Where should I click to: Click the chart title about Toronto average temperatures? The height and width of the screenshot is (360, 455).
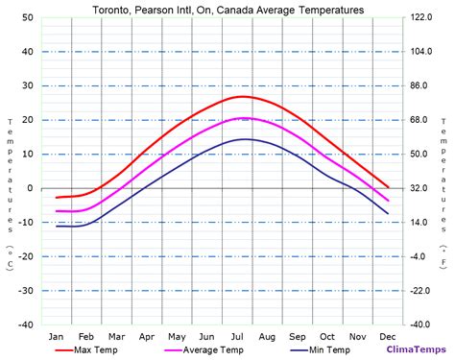[227, 10]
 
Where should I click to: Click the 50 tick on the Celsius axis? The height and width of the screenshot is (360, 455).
[28, 17]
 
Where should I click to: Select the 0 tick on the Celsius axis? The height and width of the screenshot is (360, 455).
[31, 188]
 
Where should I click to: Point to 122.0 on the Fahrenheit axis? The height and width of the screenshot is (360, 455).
[422, 17]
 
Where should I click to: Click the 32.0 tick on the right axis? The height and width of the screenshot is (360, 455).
[420, 188]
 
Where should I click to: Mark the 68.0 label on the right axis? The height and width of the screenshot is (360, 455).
[420, 120]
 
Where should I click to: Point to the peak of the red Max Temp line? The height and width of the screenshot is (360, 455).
[242, 96]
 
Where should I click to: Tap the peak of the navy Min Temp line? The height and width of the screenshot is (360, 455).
[246, 139]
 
